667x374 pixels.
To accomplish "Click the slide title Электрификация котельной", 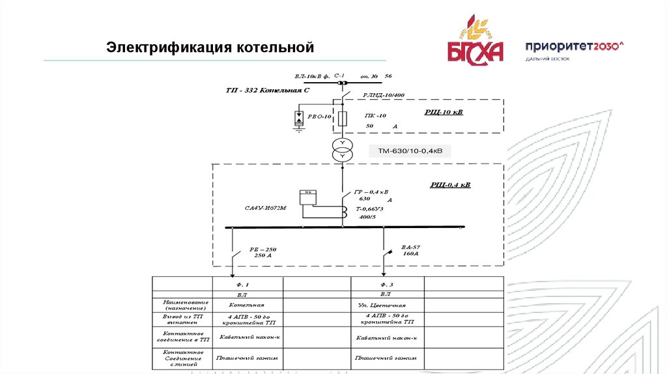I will point(210,48).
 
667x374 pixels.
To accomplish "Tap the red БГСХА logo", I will point(475,44).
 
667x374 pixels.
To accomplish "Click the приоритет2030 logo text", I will point(575,46).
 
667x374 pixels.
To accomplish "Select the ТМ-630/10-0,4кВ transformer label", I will point(410,151).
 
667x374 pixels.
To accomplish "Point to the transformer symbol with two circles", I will point(342,151).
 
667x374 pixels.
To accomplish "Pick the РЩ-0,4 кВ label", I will point(449,185).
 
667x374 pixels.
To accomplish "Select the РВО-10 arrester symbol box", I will point(299,118).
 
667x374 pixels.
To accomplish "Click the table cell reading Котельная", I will point(246,305).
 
